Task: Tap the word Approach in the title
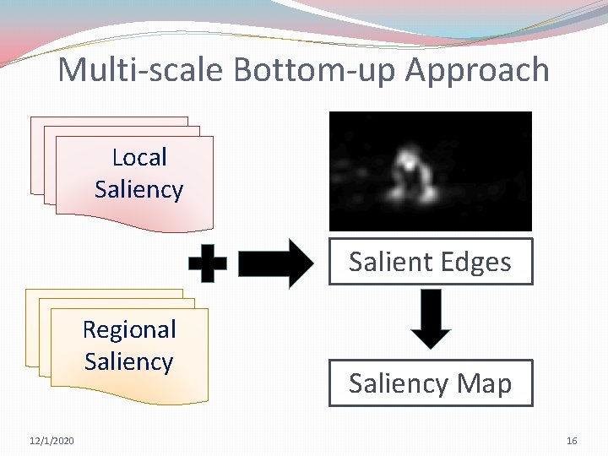[x=477, y=71]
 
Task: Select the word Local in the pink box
[x=139, y=157]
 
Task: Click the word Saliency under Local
[x=138, y=189]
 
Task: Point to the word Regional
[x=129, y=329]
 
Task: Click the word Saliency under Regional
[x=129, y=361]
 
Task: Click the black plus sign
[x=207, y=264]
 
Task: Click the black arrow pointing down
[x=432, y=318]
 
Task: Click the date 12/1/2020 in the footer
[x=52, y=441]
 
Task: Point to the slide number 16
[x=572, y=441]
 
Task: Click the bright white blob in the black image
[x=409, y=162]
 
